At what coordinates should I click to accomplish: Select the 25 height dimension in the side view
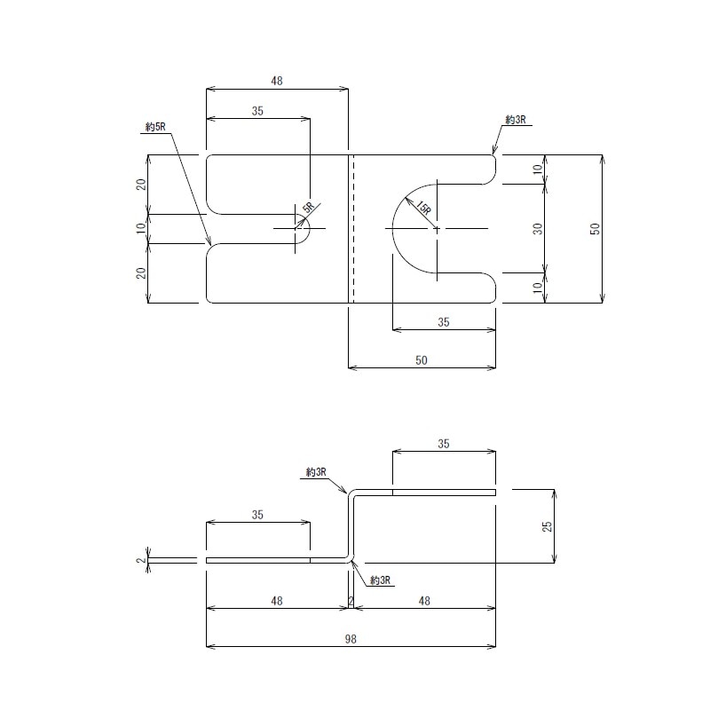click(547, 525)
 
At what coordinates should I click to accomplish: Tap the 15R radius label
click(422, 209)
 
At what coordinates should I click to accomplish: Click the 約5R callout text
click(155, 127)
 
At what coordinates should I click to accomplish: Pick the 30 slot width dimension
click(537, 229)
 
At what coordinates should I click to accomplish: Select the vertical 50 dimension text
click(596, 229)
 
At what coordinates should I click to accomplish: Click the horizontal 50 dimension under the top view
click(422, 359)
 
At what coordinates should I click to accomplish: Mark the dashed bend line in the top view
click(353, 229)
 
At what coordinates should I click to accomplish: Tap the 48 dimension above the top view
click(277, 81)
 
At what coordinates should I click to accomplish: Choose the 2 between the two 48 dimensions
click(351, 601)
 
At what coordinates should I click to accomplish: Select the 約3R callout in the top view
click(516, 119)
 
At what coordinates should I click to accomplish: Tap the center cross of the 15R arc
click(436, 229)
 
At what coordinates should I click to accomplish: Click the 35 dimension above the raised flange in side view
click(444, 443)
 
